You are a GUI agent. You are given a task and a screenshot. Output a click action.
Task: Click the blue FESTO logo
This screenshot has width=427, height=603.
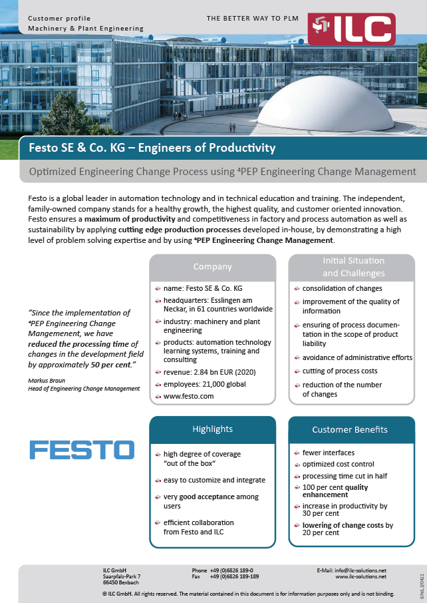[82, 450]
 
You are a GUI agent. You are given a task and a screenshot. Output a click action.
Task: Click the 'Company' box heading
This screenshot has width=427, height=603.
[212, 267]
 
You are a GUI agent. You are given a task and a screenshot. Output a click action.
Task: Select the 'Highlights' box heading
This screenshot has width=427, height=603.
[212, 429]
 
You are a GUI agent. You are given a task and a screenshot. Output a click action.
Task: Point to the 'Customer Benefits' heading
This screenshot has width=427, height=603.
[350, 429]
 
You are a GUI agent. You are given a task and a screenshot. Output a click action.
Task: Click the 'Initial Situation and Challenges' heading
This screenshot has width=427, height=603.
[353, 268]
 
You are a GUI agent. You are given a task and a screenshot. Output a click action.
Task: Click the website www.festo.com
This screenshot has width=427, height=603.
[189, 396]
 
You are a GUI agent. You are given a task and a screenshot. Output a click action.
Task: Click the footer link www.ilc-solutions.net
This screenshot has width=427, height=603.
[360, 577]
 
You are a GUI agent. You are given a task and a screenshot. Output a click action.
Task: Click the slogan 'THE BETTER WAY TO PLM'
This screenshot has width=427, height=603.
[251, 19]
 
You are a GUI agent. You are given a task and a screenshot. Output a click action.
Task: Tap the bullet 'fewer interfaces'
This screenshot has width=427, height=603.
[325, 453]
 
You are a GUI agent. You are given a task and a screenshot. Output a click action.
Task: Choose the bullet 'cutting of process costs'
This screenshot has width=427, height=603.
[340, 371]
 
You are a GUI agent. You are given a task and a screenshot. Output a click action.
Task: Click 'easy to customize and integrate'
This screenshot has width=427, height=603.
[214, 480]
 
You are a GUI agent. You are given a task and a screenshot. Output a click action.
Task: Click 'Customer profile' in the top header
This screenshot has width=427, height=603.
[59, 19]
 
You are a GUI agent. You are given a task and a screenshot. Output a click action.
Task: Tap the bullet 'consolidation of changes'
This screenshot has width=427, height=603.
[342, 288]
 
